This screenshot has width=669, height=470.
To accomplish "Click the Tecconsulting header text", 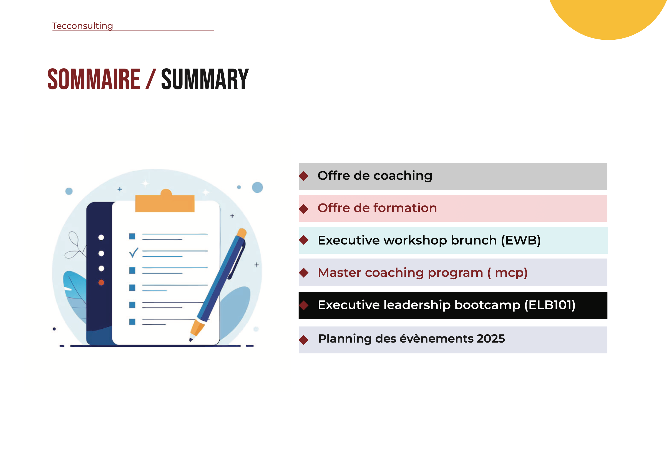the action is pos(82,26).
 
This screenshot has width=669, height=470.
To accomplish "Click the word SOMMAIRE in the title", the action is pos(94,79).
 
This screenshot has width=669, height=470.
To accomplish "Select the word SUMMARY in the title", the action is pos(205,79).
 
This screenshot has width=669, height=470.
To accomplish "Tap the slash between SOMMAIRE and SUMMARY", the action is pos(151,79).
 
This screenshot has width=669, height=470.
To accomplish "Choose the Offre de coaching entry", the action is pos(375,176).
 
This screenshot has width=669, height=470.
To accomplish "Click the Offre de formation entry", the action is pos(377,208).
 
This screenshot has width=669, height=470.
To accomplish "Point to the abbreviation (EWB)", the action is pos(521,240).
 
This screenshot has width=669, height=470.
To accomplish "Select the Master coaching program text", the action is pos(400,273).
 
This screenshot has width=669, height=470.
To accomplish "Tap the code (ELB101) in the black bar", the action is pos(550,305).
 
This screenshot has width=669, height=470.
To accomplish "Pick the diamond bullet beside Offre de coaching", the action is pos(304,176).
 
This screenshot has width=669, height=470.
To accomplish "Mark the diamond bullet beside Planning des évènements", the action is pos(304,340).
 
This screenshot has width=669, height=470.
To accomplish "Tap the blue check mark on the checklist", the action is pos(134,253).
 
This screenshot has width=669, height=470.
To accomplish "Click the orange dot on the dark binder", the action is pos(101,282).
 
